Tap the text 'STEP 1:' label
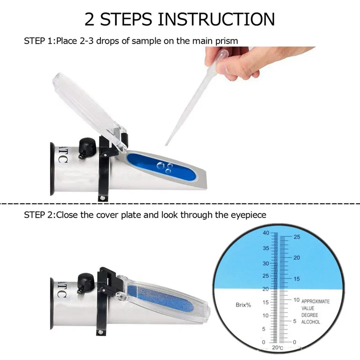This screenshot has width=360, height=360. point(39,41)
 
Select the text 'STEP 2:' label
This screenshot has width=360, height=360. point(39,215)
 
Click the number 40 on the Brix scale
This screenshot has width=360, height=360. point(265,233)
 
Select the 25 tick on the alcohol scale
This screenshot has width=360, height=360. point(297,237)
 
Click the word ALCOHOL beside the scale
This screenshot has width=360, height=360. point(310,322)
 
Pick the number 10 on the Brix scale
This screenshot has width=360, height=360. point(265,316)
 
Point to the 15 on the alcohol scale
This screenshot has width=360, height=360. point(297,279)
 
